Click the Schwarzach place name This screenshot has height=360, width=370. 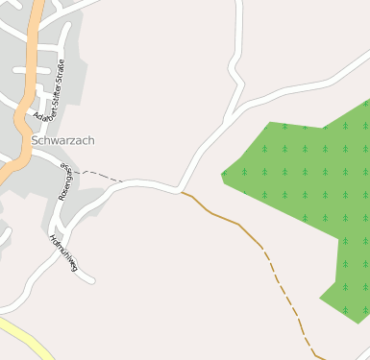coord(62,140)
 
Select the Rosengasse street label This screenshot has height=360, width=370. coord(62,181)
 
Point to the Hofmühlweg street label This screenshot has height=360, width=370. coord(62,252)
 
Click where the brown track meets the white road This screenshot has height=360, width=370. coord(181,192)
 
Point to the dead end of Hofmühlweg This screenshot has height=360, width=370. coord(92,280)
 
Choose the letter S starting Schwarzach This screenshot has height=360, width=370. coord(35,140)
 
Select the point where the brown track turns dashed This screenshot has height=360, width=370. coord(262,250)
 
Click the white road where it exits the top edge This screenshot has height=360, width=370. coord(235,3)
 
